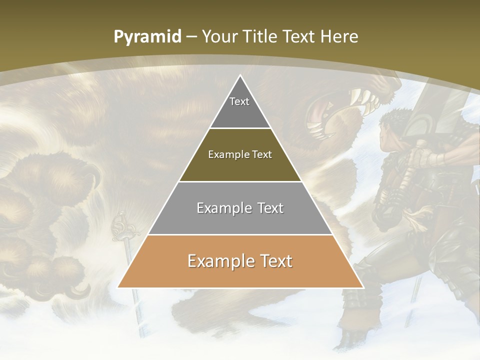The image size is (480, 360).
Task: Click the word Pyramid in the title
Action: tap(147, 37)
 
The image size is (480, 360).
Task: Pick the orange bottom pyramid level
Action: tap(240, 272)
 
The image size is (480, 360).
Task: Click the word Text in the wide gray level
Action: tap(269, 208)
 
